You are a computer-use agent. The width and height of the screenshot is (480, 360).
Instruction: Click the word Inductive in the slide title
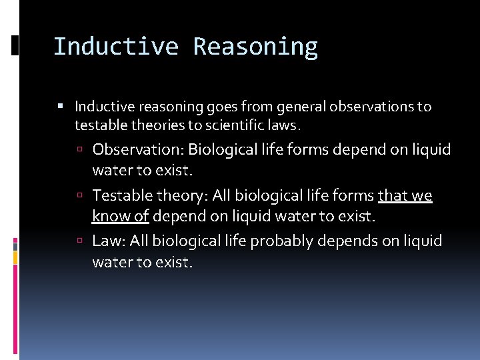coord(115,47)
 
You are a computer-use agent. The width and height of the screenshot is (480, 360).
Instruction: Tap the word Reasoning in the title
coord(255,47)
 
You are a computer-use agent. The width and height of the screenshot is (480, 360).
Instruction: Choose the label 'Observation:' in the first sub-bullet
coord(138,149)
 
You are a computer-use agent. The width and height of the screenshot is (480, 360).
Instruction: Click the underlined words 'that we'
coord(405,195)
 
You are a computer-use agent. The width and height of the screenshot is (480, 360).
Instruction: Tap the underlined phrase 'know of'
coord(120,217)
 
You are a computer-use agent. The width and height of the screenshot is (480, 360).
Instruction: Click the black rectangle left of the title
coord(15,45)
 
